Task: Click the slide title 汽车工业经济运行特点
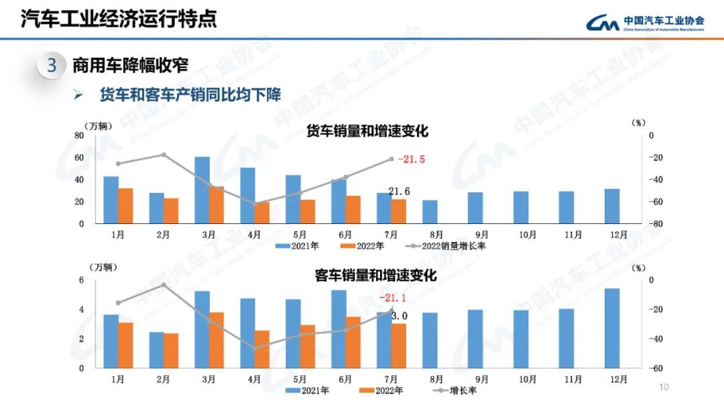[119, 18]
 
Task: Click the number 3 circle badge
[52, 66]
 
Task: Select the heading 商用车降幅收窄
[130, 66]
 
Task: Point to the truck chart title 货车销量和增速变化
[367, 131]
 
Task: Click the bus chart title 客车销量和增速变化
[375, 276]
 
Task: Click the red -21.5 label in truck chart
[412, 160]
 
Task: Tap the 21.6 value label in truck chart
[399, 192]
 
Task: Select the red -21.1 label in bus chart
[393, 298]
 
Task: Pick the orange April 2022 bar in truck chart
[262, 213]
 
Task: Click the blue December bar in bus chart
[612, 328]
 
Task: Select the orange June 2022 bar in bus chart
[353, 342]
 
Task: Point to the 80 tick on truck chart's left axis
[79, 135]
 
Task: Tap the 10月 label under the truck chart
[528, 235]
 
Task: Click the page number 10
[664, 387]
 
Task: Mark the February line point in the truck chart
[164, 155]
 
